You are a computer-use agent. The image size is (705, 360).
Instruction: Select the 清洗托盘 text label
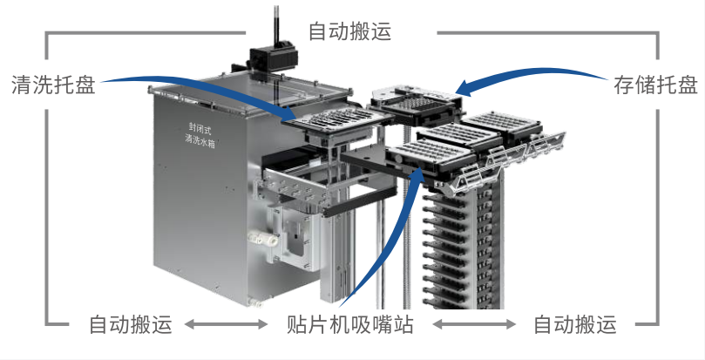point(53,85)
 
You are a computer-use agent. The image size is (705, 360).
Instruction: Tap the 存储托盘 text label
point(654,85)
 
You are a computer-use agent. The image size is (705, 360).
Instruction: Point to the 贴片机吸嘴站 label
point(349,325)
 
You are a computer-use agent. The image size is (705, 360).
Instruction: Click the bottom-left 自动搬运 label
point(131,325)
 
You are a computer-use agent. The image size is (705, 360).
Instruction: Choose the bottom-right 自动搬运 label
point(574,325)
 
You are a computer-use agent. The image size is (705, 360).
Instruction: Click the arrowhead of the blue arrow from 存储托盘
point(463,87)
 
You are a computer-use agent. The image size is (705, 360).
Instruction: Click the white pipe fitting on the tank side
point(261,238)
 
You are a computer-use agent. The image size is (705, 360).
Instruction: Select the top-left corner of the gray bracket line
point(48,34)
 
